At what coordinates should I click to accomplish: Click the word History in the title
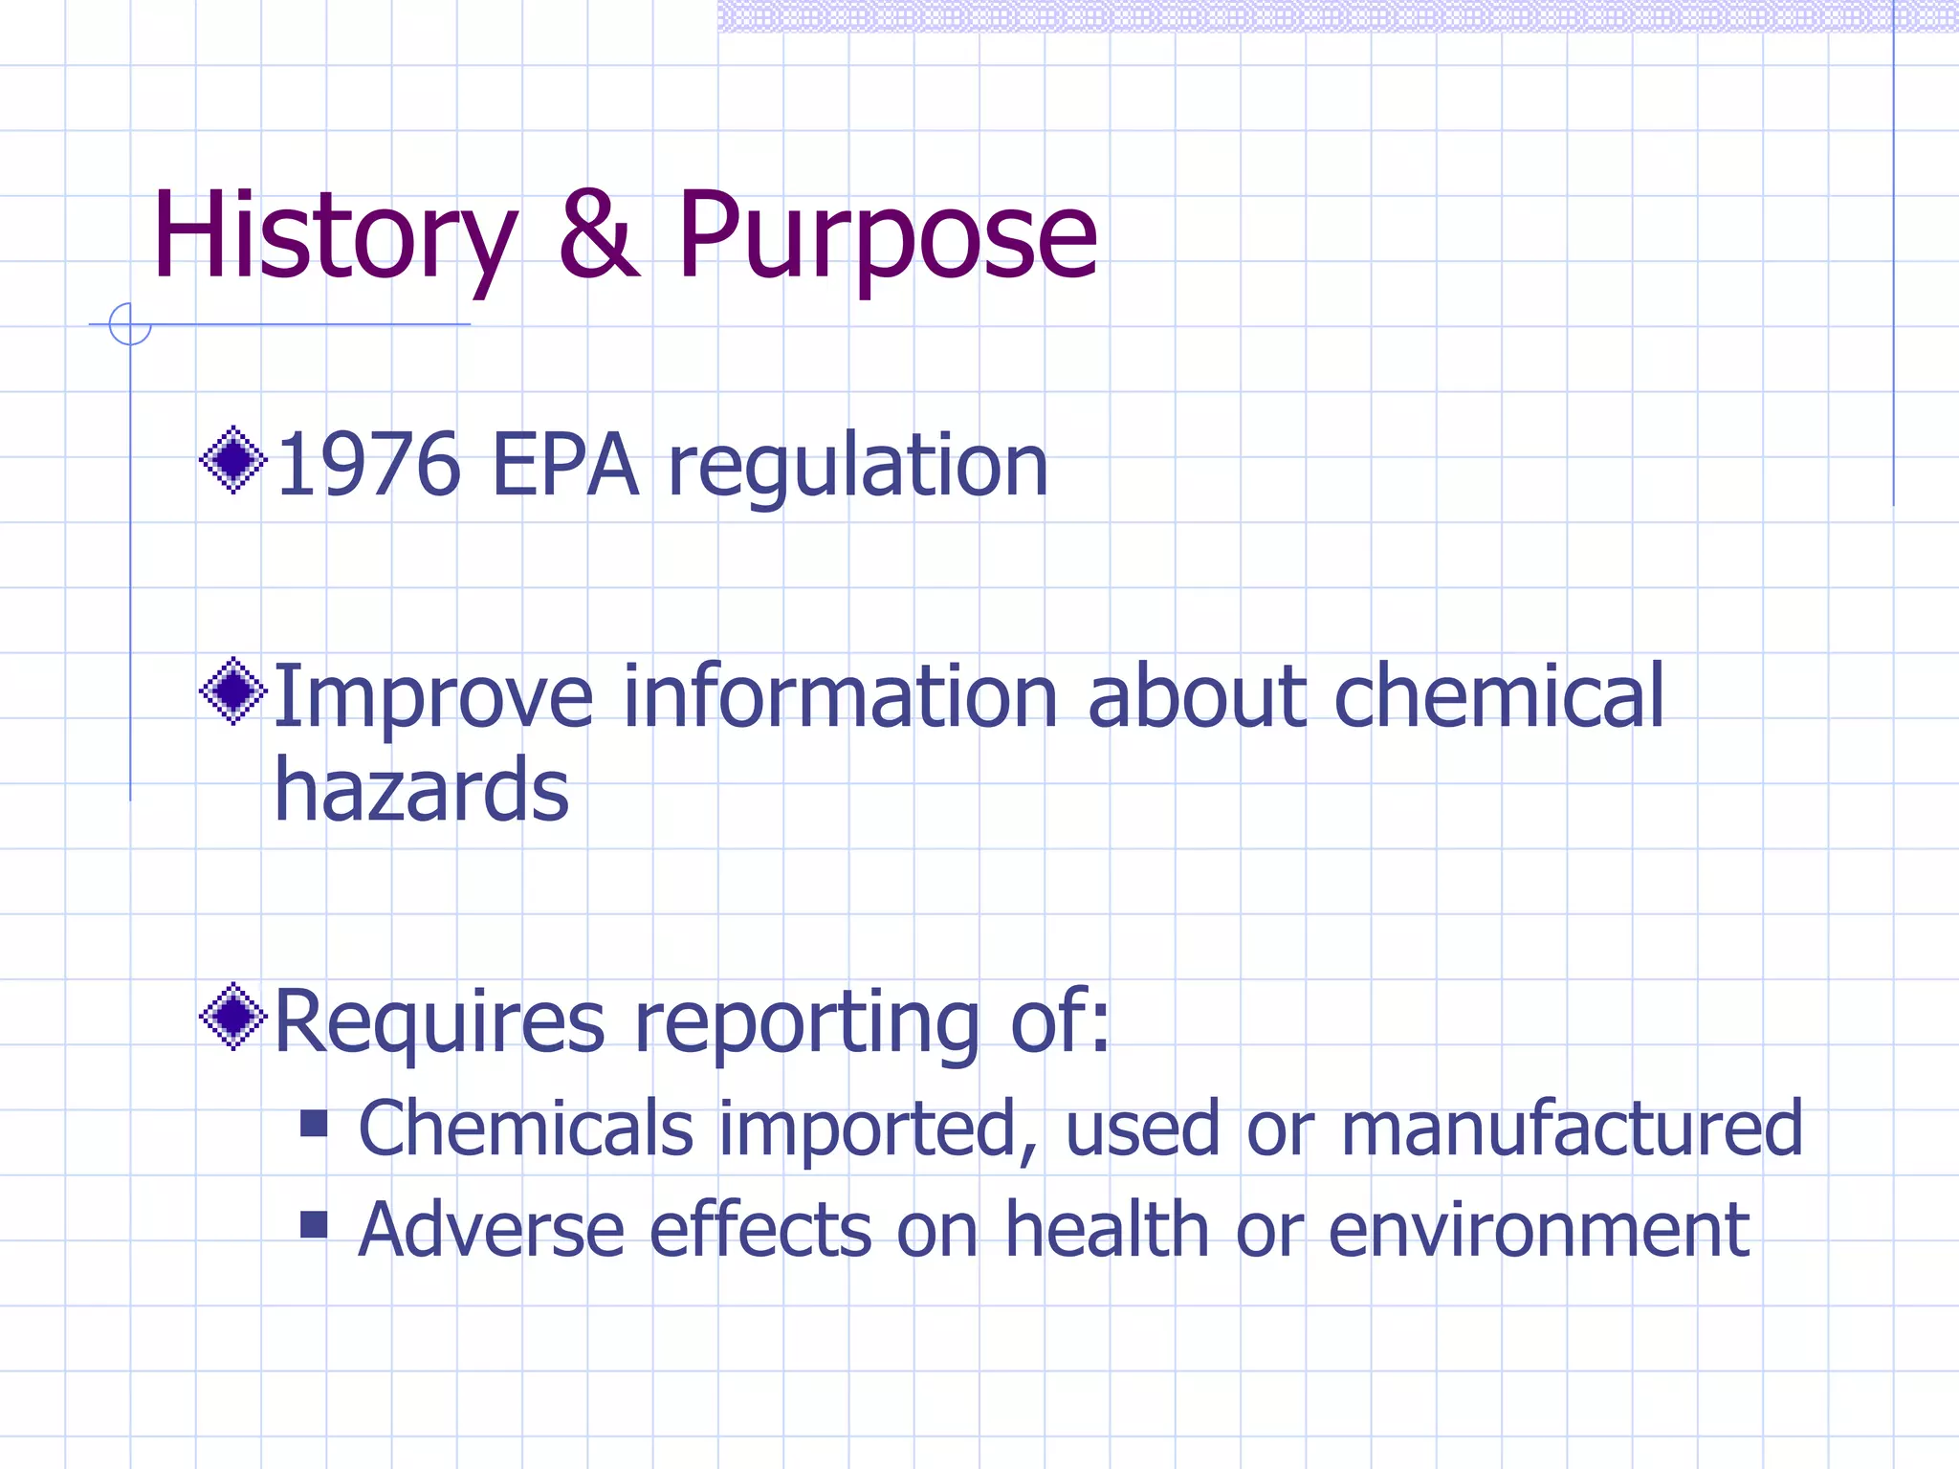335,236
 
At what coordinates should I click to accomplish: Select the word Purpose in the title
887,236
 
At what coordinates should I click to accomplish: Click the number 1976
369,466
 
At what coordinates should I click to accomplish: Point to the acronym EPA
564,466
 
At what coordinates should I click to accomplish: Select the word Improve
433,698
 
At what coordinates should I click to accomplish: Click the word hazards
422,791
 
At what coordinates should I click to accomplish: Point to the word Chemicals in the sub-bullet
525,1129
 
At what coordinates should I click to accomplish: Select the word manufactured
1572,1129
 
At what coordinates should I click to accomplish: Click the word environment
1539,1230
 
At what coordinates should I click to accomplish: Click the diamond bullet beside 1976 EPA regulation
233,460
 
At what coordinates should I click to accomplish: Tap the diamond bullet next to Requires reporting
233,1016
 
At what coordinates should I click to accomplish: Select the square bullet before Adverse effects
314,1225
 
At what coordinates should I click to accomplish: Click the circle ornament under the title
130,324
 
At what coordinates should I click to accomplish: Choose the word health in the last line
1107,1230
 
